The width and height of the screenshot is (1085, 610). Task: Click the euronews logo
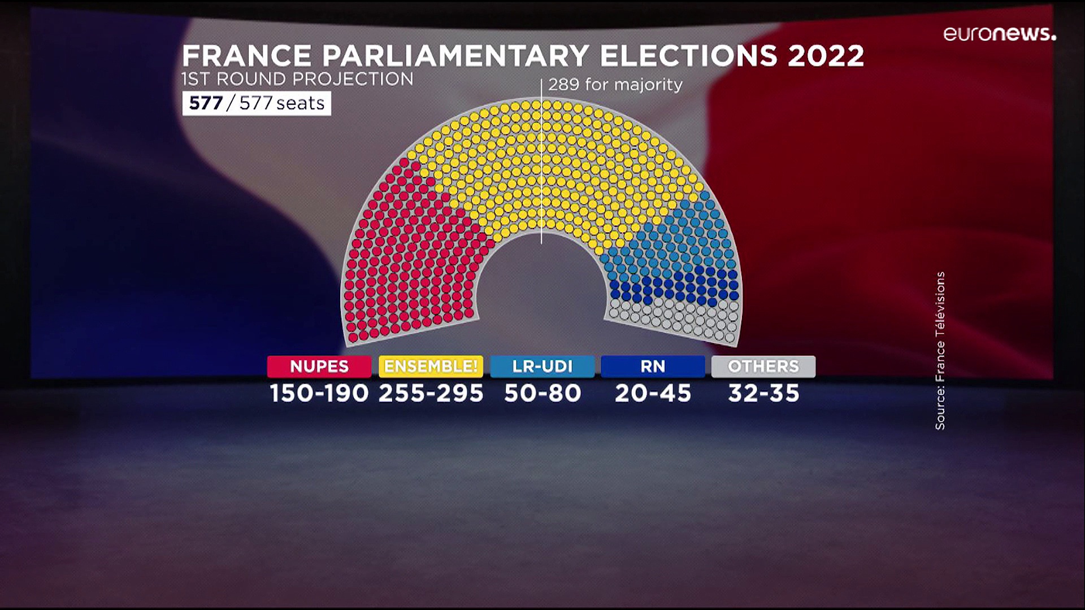(999, 34)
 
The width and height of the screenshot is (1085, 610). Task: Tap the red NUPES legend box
(319, 366)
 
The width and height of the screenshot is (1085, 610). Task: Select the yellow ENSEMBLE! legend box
(431, 366)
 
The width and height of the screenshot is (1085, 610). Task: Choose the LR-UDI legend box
(542, 366)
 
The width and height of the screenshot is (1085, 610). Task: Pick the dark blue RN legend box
(653, 366)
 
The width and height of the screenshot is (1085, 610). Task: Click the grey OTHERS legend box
(763, 366)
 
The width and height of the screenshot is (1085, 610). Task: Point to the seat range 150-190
(319, 393)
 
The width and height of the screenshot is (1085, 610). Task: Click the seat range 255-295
(431, 393)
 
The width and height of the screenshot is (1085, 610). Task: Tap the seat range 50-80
(542, 393)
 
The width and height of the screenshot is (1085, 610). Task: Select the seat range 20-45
(653, 393)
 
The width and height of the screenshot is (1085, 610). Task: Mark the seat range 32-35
(763, 393)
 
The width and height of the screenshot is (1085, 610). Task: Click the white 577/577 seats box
(257, 103)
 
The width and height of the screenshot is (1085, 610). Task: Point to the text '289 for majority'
(615, 85)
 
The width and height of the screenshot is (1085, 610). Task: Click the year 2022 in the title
(826, 56)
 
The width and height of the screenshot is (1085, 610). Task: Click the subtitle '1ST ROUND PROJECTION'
(297, 79)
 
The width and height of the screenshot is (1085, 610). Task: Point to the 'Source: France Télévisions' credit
(940, 351)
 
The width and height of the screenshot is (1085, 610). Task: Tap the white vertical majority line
(541, 169)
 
